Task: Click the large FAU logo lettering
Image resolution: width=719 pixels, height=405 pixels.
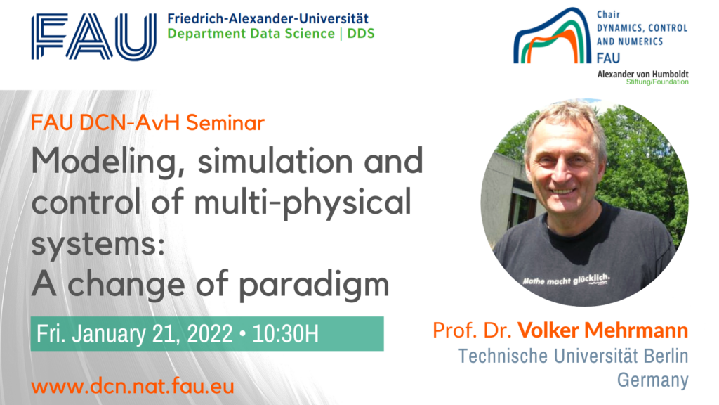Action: tap(94, 37)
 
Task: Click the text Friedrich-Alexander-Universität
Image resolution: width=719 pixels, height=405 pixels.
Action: tap(268, 18)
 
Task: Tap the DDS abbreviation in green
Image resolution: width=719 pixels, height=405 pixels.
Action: tap(361, 34)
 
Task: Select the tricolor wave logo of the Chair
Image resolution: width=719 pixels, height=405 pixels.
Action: tap(552, 36)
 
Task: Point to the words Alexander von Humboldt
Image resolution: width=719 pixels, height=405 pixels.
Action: tap(642, 74)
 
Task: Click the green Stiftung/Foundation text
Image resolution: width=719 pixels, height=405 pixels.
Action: tap(657, 82)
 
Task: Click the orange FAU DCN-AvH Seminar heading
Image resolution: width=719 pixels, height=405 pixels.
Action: tap(147, 122)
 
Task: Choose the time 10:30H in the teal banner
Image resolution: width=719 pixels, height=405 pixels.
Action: tap(285, 334)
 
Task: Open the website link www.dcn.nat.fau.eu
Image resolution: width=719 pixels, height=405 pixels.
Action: tap(133, 386)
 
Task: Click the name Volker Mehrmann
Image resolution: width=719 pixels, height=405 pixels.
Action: tap(602, 330)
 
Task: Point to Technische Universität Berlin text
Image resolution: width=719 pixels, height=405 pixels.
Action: tap(573, 356)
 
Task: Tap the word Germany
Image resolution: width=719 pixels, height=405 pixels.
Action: tap(652, 380)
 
